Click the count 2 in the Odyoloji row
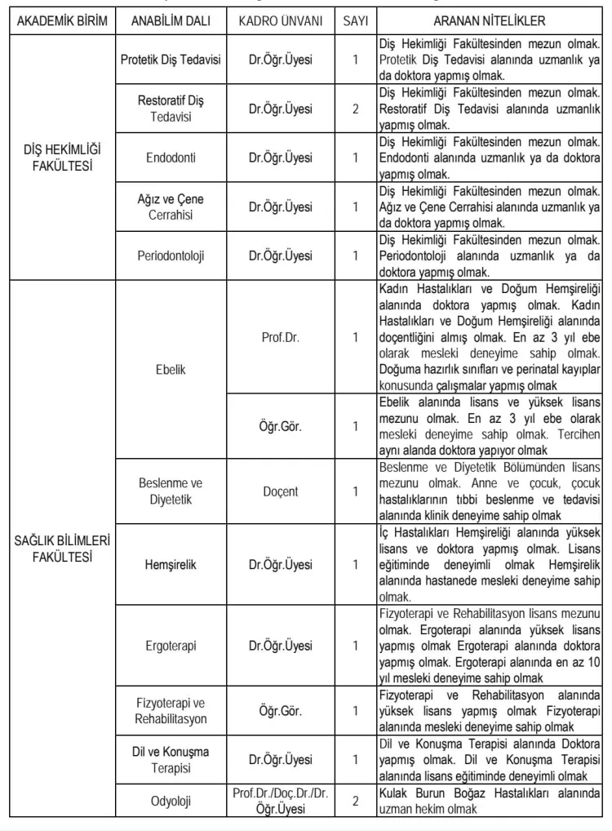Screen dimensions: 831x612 click(x=355, y=801)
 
